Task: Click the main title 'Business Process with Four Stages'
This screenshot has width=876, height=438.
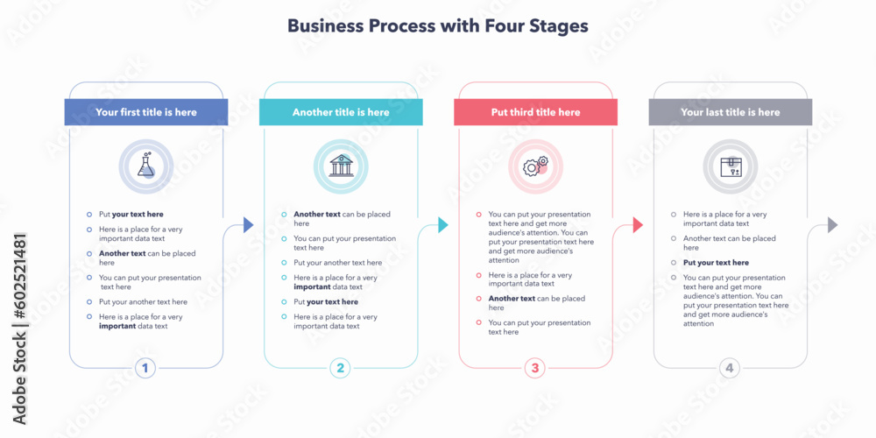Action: (x=437, y=26)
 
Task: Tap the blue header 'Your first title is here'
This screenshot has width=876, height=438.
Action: (x=146, y=112)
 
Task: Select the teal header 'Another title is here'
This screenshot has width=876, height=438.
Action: (x=341, y=112)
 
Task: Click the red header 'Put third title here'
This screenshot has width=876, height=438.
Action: (x=535, y=112)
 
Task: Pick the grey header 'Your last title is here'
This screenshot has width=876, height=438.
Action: (x=730, y=112)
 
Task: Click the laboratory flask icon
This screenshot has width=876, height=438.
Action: (x=146, y=166)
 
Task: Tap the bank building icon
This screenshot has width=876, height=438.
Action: (x=341, y=166)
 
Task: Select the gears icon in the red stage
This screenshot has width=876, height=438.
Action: (x=535, y=166)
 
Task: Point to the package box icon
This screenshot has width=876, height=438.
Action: (x=730, y=166)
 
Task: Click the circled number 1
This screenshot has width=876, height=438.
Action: (x=145, y=368)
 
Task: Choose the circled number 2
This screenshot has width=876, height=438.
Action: (x=341, y=368)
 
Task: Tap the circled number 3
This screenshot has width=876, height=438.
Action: (x=535, y=368)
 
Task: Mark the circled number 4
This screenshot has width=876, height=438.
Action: (x=730, y=368)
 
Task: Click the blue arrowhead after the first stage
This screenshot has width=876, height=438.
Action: (x=248, y=225)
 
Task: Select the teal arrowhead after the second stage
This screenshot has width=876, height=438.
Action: (x=442, y=225)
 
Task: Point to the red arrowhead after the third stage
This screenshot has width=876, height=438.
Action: (x=638, y=225)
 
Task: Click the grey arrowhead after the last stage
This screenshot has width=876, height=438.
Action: (x=832, y=225)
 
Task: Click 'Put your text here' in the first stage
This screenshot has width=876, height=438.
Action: (x=131, y=214)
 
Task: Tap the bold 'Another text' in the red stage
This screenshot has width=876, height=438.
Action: (x=512, y=299)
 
